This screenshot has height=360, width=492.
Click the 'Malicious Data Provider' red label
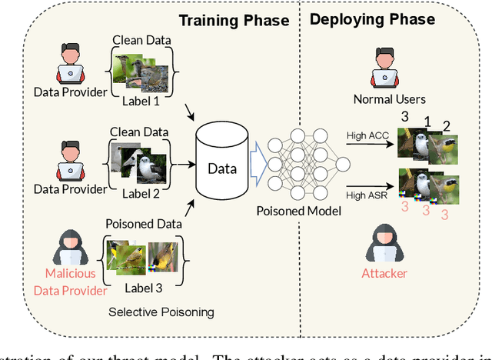coord(70,282)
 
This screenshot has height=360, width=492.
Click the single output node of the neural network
coord(343,163)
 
